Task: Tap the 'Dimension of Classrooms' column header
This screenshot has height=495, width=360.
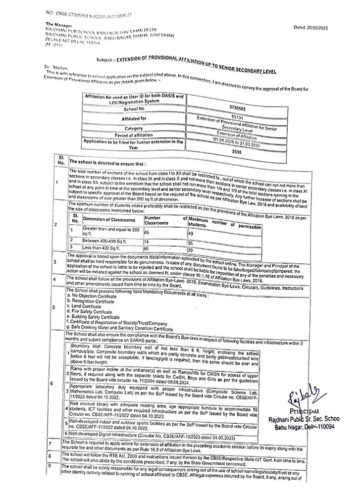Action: [109, 219]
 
